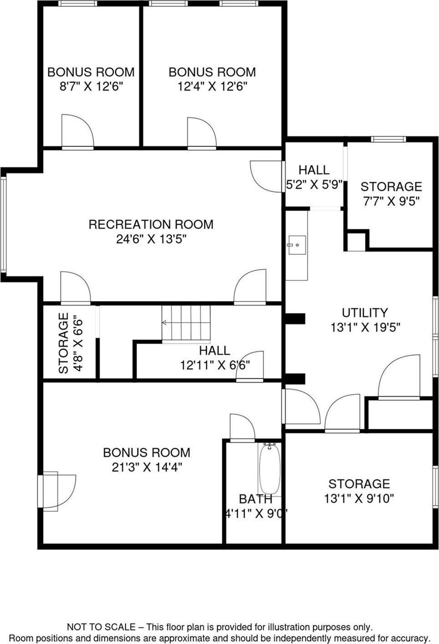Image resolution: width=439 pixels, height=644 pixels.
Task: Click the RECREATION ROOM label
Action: click(x=151, y=224)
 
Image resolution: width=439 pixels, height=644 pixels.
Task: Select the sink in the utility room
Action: click(x=296, y=247)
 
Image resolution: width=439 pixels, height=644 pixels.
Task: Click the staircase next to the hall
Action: click(x=186, y=324)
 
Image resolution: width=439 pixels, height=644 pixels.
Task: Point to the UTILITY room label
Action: click(x=365, y=313)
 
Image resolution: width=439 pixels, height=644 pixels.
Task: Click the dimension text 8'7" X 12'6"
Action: click(x=91, y=86)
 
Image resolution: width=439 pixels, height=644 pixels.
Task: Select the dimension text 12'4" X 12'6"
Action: click(x=212, y=86)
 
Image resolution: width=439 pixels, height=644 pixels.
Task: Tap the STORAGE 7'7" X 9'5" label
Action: click(x=391, y=186)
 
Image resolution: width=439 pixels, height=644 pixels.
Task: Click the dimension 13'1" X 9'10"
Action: click(x=359, y=498)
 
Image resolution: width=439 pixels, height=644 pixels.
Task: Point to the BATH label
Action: click(x=255, y=499)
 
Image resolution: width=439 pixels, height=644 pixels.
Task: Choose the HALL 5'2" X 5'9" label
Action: click(x=314, y=170)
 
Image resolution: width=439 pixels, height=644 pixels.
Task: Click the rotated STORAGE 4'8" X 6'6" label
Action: click(x=64, y=343)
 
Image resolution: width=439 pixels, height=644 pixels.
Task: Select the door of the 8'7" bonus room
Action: click(x=77, y=132)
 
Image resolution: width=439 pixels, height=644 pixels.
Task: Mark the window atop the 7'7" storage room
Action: click(x=388, y=139)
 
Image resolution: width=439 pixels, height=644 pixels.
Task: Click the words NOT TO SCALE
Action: click(x=101, y=627)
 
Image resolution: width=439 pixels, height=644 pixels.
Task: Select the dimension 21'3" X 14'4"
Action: click(x=147, y=467)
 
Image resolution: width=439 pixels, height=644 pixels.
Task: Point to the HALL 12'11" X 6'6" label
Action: click(x=214, y=350)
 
